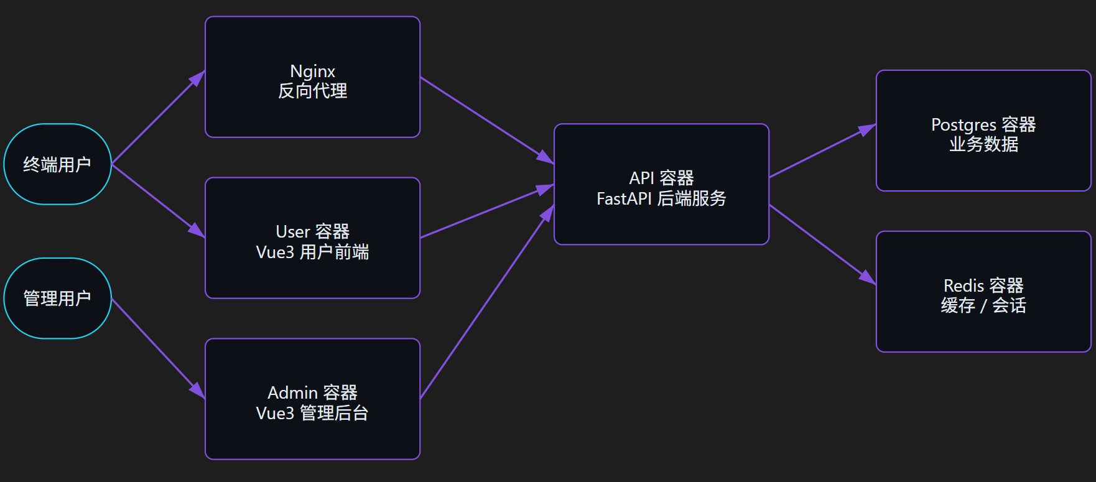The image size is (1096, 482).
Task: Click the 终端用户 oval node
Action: tap(57, 164)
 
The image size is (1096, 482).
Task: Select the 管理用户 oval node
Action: tap(57, 299)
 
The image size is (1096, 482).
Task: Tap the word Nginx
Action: tap(312, 71)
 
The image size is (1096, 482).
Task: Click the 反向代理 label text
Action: tap(312, 91)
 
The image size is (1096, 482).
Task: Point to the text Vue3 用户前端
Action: tap(312, 252)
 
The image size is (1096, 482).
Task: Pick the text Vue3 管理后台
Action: tap(312, 413)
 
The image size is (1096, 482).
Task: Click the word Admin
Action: tap(292, 392)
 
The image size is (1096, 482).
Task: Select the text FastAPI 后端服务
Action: tap(661, 198)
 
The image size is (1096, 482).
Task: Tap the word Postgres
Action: tap(964, 124)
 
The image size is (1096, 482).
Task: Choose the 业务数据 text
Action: tap(983, 144)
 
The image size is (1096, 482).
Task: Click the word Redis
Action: tap(964, 285)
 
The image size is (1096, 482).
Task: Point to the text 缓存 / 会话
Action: tap(983, 305)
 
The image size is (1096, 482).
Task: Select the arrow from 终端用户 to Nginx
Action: tap(158, 118)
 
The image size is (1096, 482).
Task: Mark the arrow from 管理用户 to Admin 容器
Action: tap(158, 349)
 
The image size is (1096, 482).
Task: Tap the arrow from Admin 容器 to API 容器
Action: tap(486, 302)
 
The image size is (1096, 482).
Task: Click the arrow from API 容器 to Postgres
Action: tap(822, 151)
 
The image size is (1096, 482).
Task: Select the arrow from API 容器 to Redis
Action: tap(822, 244)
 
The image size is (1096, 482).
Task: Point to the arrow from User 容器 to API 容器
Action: tap(486, 211)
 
